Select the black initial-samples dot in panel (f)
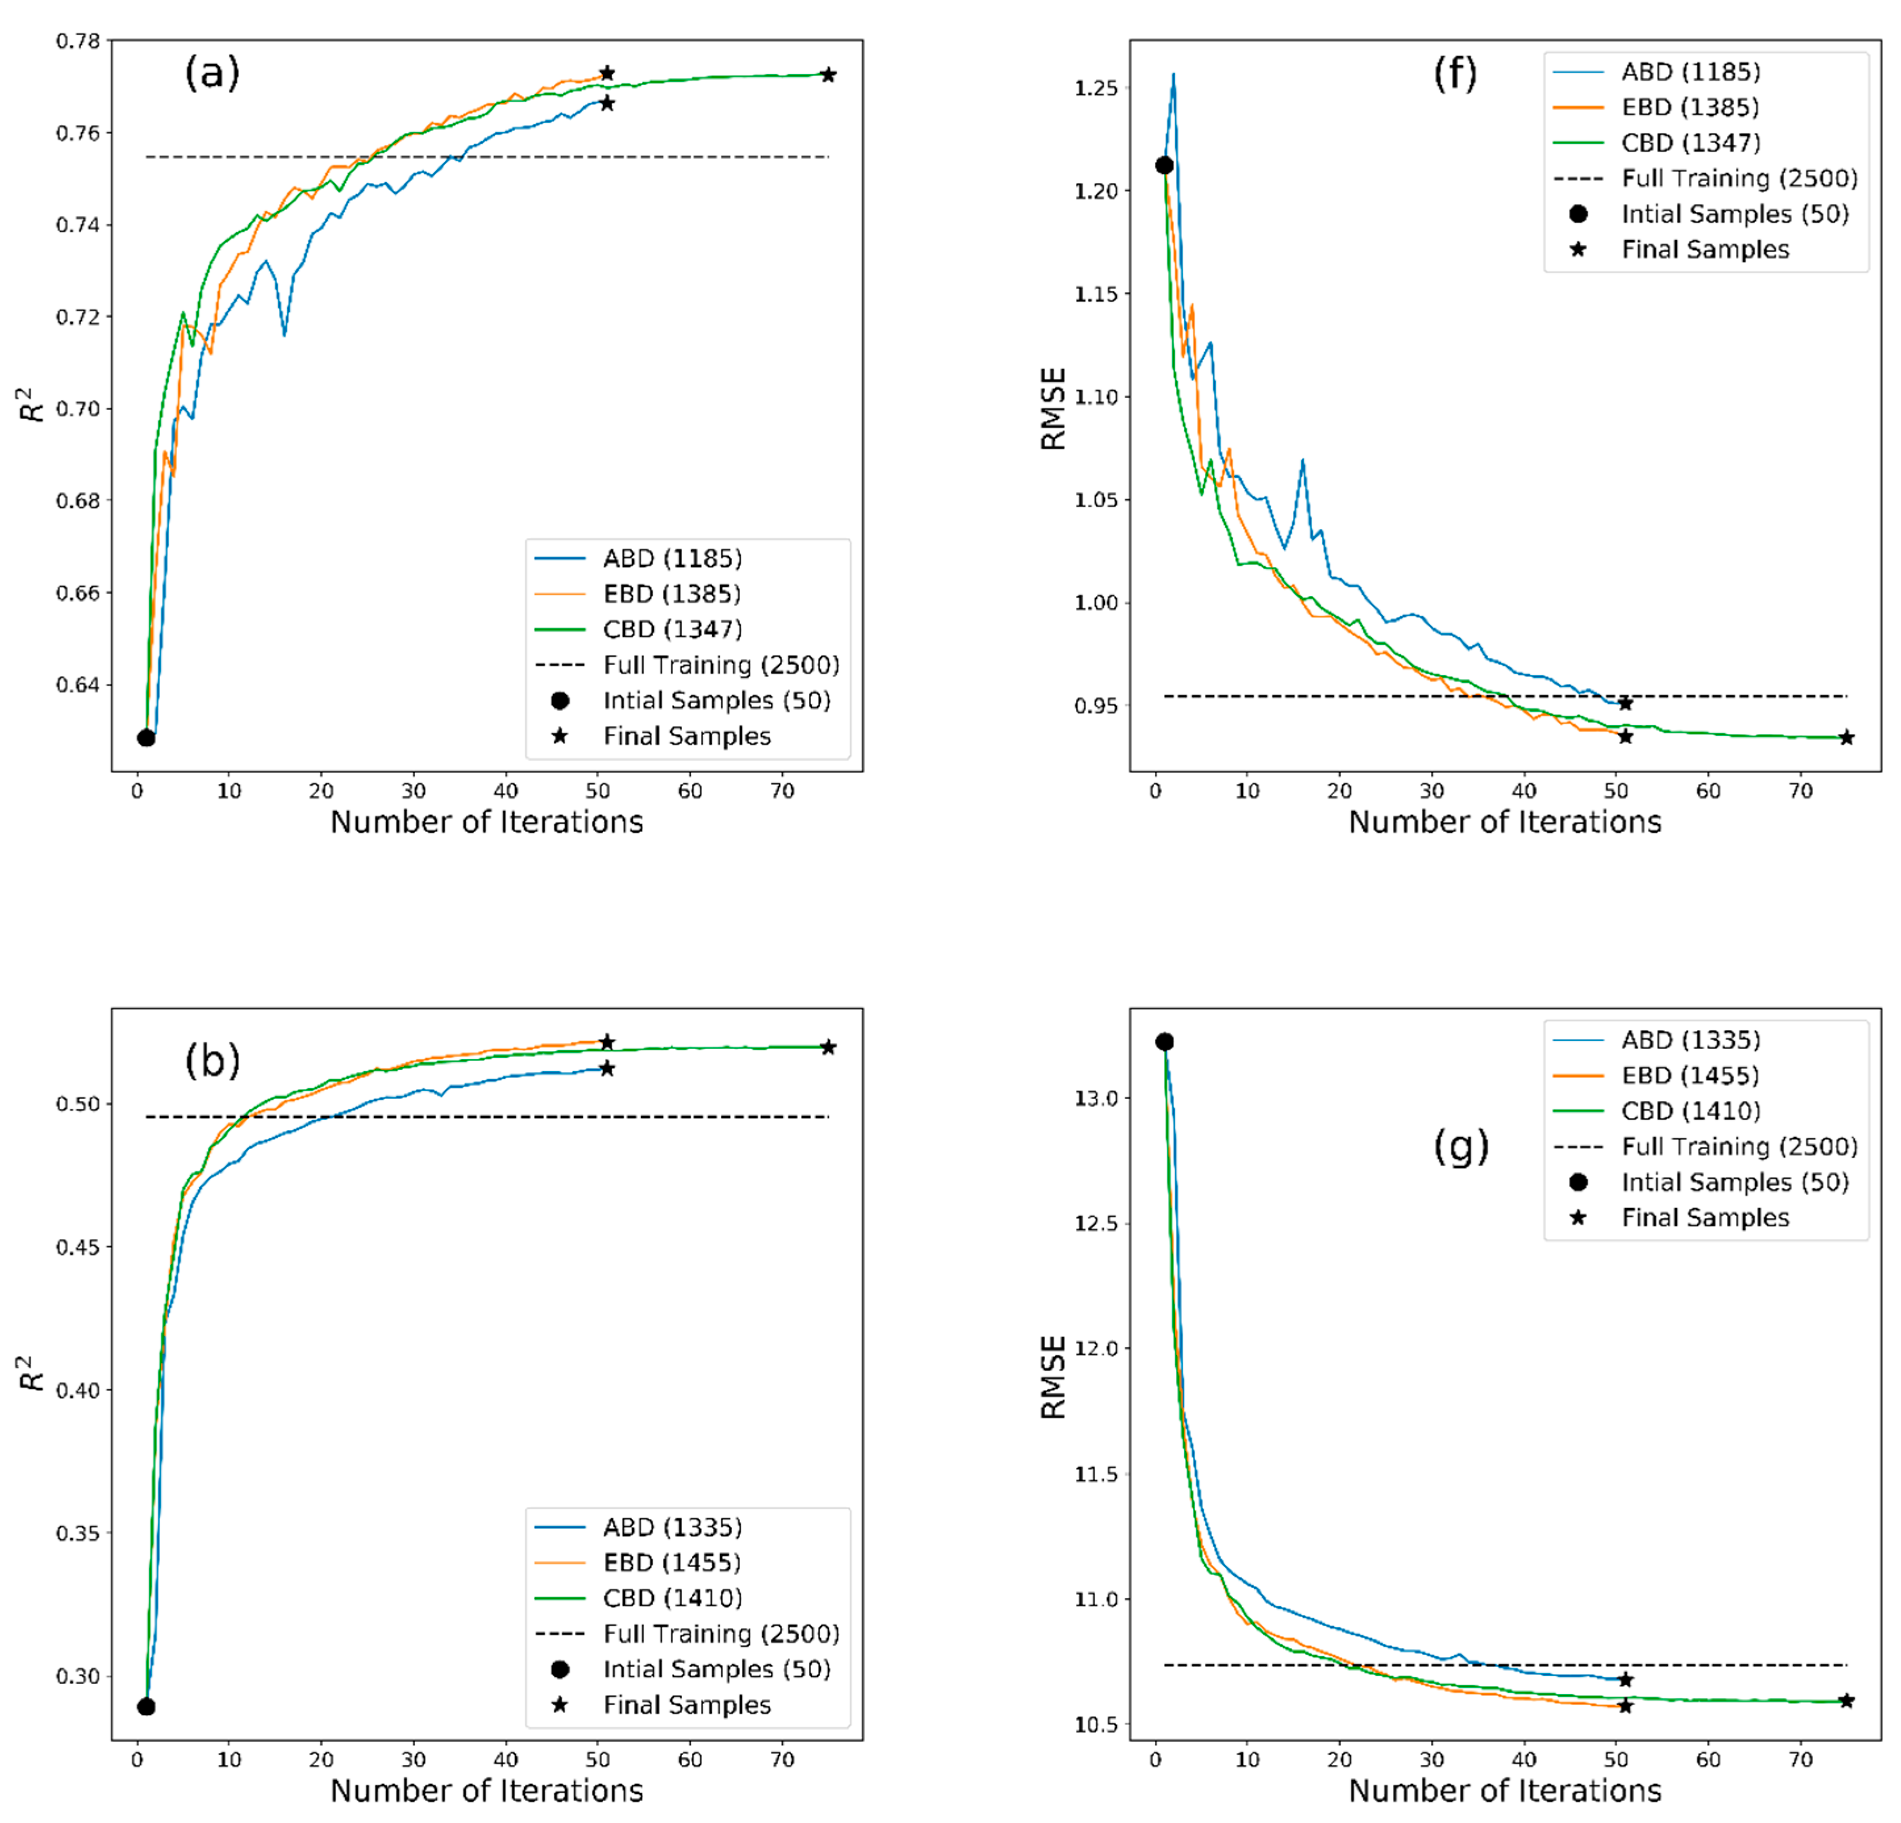click(x=1164, y=166)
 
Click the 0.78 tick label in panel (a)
click(x=77, y=41)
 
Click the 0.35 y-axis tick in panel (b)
click(x=77, y=1533)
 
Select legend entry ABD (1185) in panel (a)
click(x=671, y=559)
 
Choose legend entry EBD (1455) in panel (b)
click(x=671, y=1562)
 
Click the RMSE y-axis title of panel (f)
click(x=1053, y=408)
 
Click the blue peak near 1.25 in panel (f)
click(x=1173, y=74)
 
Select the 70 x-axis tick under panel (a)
click(x=782, y=791)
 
